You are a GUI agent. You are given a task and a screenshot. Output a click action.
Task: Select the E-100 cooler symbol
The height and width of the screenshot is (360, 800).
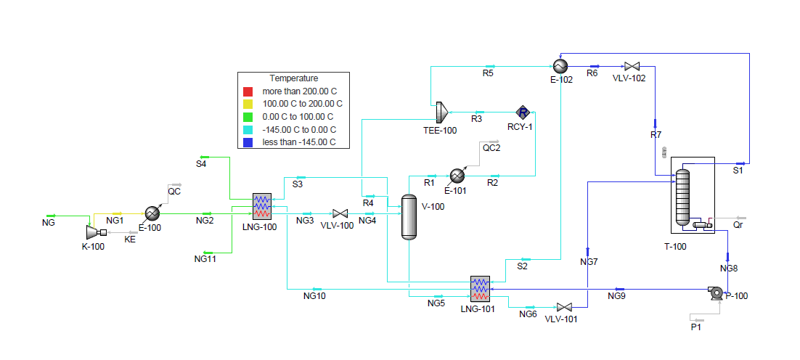(152, 213)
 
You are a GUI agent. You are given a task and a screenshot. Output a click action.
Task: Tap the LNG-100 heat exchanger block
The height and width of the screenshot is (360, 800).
(261, 206)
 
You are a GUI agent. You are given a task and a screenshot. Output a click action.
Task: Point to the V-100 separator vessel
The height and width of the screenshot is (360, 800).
(410, 217)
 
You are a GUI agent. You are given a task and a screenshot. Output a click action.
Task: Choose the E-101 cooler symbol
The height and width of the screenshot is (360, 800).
(457, 176)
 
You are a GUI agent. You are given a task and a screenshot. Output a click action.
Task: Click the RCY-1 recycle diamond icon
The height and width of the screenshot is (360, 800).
(523, 112)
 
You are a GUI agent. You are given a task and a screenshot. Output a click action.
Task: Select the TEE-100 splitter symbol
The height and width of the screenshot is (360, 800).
(441, 112)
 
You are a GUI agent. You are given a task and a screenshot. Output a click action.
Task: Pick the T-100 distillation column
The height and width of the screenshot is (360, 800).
(682, 197)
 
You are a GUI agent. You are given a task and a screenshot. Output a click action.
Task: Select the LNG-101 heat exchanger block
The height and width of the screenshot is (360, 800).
(480, 289)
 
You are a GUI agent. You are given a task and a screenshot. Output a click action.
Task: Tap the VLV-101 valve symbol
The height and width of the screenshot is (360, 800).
(564, 307)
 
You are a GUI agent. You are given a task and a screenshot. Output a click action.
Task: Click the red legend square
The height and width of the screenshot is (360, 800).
(248, 91)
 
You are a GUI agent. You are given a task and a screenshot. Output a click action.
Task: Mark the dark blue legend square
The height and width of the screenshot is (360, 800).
(248, 142)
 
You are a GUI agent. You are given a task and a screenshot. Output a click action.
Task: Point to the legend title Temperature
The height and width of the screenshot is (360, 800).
(294, 78)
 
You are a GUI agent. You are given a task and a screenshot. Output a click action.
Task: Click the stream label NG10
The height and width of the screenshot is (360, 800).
(314, 295)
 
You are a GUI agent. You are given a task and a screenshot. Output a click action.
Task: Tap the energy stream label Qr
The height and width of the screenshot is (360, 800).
(738, 226)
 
